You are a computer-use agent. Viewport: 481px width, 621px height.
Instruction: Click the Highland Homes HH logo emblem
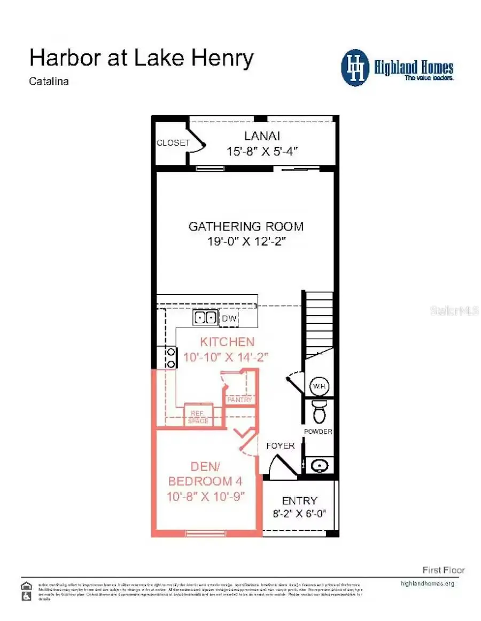(355, 68)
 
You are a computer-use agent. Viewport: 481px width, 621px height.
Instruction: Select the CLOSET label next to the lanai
(173, 143)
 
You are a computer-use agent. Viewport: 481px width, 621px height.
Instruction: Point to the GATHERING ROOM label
(246, 226)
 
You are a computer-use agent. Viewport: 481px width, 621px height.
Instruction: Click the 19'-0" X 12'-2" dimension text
(247, 242)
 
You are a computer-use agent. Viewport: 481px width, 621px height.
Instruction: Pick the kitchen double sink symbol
(205, 319)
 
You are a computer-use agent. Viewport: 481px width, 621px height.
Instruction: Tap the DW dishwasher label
(229, 319)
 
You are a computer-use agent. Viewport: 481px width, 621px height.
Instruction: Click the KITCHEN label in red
(227, 342)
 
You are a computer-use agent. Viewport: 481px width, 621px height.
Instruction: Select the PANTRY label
(239, 400)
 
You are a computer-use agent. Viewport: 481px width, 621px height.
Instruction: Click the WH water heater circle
(320, 386)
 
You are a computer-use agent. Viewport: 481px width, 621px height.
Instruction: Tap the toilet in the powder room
(319, 412)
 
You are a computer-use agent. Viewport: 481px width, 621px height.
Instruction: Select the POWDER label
(318, 432)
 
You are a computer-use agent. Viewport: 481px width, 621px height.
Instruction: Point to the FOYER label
(280, 445)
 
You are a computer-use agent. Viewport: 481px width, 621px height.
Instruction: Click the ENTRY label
(299, 500)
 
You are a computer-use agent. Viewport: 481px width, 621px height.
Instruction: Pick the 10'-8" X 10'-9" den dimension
(205, 496)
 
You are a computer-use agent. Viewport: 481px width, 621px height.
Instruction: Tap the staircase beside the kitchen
(319, 320)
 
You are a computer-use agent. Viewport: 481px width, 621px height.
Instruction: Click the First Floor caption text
(444, 570)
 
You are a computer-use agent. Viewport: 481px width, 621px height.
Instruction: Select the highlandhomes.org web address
(427, 583)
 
